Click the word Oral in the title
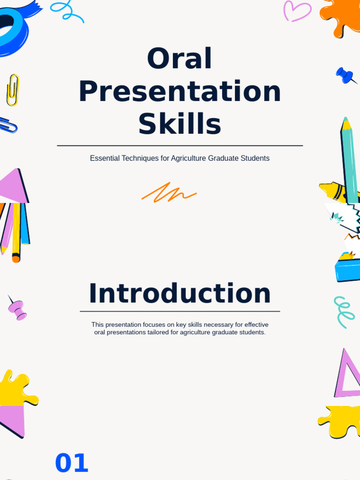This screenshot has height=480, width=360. (180, 59)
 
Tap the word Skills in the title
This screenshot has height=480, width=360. (180, 124)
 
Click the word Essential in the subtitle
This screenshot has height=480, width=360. (105, 158)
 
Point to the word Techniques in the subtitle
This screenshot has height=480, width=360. (140, 158)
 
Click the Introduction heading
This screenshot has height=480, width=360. (180, 294)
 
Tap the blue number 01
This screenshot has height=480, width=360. (71, 464)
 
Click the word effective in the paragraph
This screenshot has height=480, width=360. (256, 324)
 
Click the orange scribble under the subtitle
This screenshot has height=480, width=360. (169, 193)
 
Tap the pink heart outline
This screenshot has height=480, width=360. (297, 11)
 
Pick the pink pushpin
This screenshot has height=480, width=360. (17, 309)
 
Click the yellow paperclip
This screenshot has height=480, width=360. (13, 90)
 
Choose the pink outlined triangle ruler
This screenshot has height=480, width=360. (347, 375)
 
